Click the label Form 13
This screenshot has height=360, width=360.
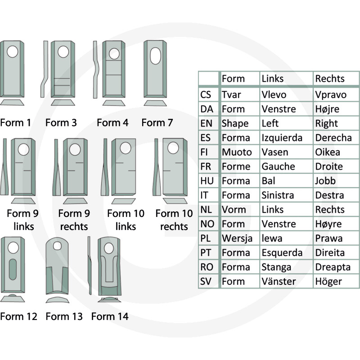(x=64, y=316)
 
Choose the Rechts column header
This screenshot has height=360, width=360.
(x=330, y=78)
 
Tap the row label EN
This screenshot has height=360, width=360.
(x=207, y=123)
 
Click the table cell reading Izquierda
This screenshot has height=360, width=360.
(x=282, y=138)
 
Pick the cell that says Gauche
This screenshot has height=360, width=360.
(x=278, y=166)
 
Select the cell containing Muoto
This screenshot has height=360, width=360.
(x=237, y=152)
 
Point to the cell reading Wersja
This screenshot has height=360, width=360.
(x=237, y=238)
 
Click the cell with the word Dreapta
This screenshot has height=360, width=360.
(x=333, y=267)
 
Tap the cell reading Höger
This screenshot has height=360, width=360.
(x=328, y=282)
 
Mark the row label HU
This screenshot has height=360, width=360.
(x=207, y=181)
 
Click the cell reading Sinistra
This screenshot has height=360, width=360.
(x=278, y=195)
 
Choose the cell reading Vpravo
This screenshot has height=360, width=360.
(x=331, y=94)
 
